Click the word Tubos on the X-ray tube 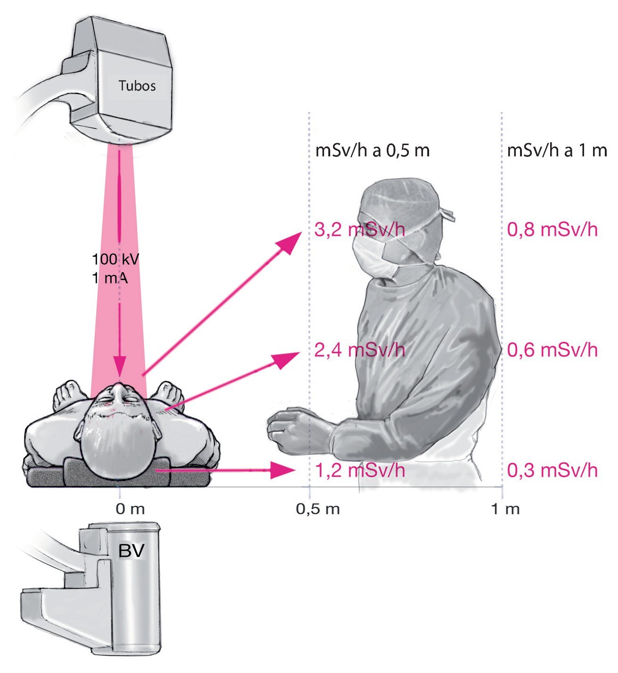point(137,86)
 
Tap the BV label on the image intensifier point(131,551)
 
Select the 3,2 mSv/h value point(359,230)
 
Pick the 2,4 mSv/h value point(359,350)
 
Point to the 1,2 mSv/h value point(359,470)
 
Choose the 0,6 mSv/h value point(552,350)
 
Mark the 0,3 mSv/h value point(552,470)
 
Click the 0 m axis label point(130,509)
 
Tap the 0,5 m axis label point(317,509)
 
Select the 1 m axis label point(505,509)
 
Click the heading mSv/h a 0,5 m point(372,151)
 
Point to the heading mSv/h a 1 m point(557,151)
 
